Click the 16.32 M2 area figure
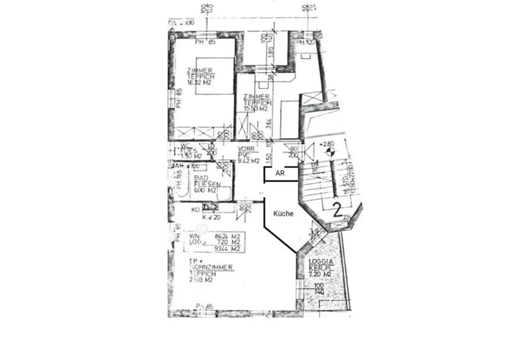(x=201, y=83)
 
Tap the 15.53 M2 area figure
(x=256, y=109)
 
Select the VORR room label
(x=246, y=149)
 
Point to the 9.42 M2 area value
(x=249, y=161)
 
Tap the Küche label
(x=283, y=214)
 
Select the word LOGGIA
(x=320, y=262)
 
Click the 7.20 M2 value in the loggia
(x=320, y=274)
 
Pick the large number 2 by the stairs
(x=337, y=210)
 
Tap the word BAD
(x=201, y=178)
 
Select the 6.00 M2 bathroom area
(x=204, y=190)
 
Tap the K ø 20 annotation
(x=211, y=217)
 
